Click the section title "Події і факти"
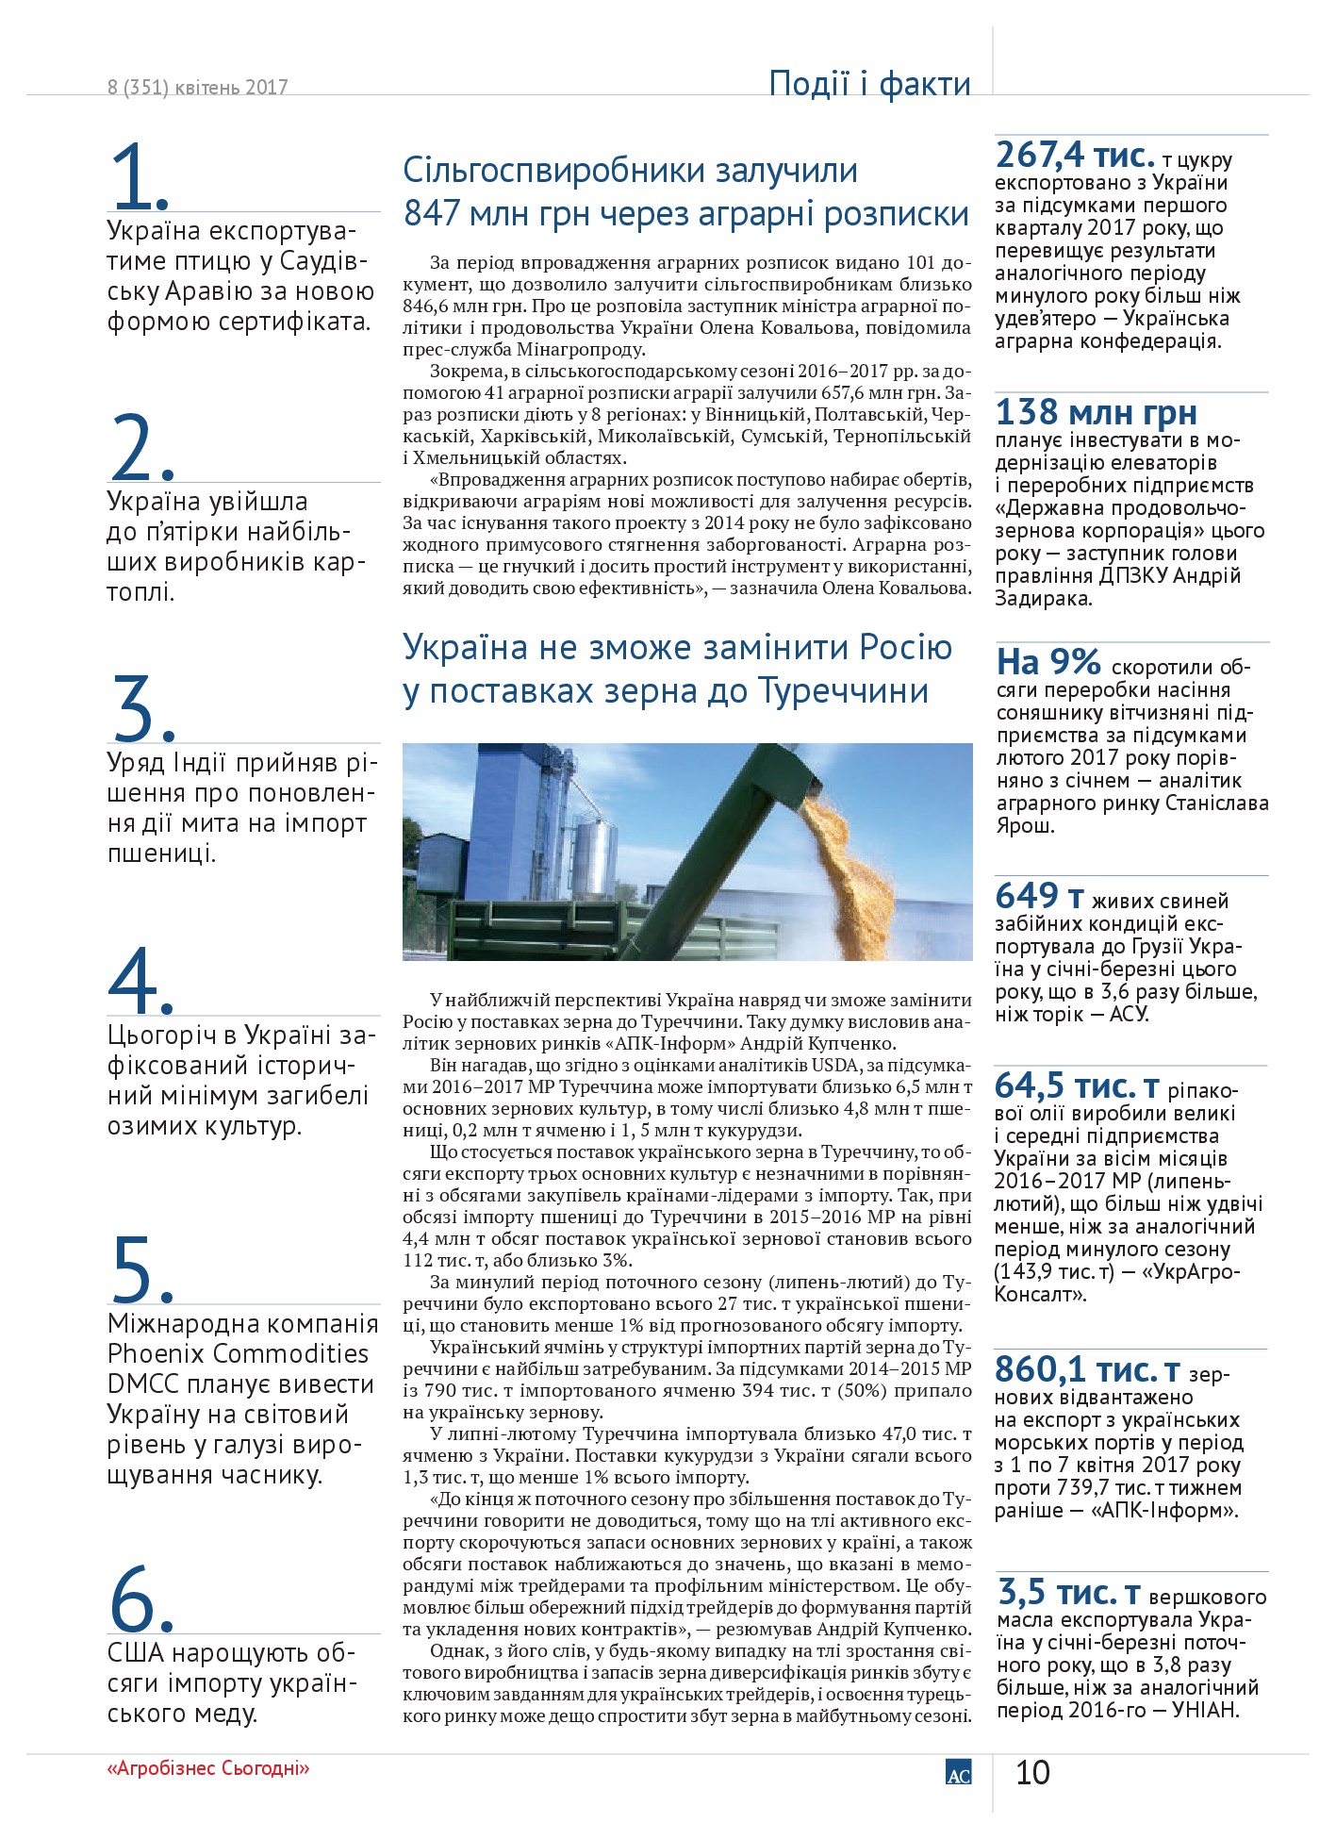coord(869,84)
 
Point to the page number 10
coord(1032,1772)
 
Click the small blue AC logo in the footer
coord(958,1772)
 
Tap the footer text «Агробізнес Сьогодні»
coord(208,1768)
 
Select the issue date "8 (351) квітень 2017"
coord(197,88)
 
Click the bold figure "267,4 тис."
coord(1075,155)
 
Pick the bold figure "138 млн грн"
coord(1096,412)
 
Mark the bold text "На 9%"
coord(1048,662)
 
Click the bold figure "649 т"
coord(1039,896)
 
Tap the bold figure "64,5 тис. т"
coord(1076,1086)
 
